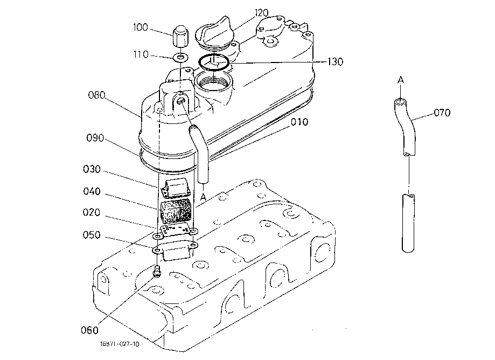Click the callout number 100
(x=141, y=27)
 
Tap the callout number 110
(x=141, y=54)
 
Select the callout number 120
(x=262, y=13)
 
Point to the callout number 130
(x=335, y=61)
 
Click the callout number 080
(x=96, y=95)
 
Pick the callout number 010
(x=299, y=122)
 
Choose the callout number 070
(x=442, y=113)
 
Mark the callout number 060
(x=89, y=330)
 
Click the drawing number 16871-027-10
(x=120, y=344)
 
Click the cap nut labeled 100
(x=180, y=36)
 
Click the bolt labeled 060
(x=157, y=272)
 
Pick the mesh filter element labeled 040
(x=175, y=211)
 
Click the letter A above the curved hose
(x=401, y=80)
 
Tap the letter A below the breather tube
(x=203, y=197)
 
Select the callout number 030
(x=92, y=169)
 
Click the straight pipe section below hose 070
(x=408, y=223)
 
